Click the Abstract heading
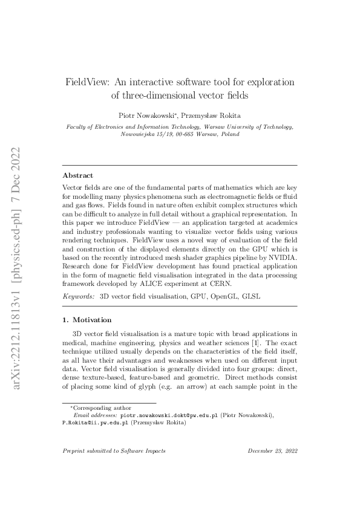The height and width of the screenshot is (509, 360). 78,175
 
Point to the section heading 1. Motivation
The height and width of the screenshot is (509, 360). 91,320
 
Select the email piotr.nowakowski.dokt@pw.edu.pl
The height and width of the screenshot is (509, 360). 169,416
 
